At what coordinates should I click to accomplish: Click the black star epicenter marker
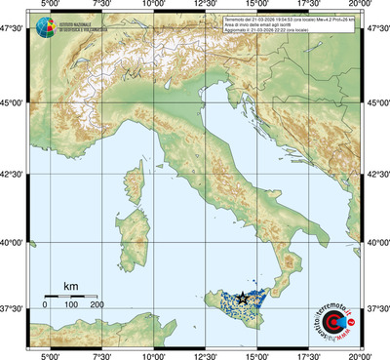pyautogui.click(x=242, y=298)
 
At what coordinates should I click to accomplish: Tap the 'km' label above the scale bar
pyautogui.click(x=71, y=286)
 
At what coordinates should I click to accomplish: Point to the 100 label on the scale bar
pyautogui.click(x=71, y=305)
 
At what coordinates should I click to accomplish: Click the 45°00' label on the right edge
pyautogui.click(x=378, y=102)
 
